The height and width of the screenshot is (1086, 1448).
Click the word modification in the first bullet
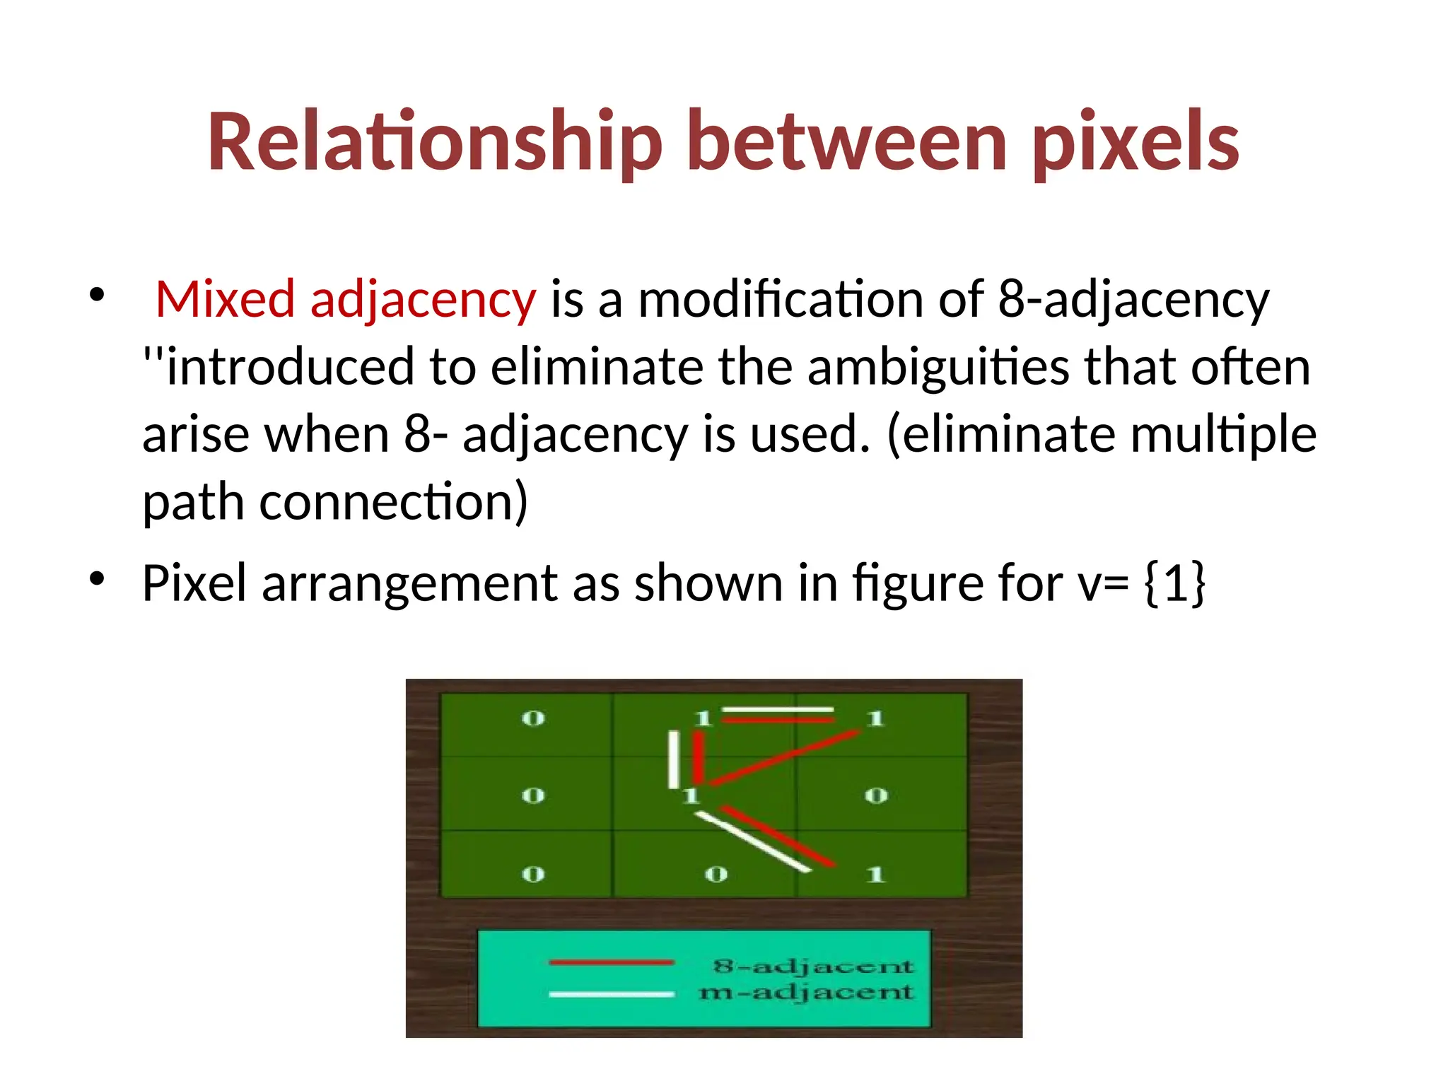point(781,299)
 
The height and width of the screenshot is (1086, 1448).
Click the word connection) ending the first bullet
point(393,501)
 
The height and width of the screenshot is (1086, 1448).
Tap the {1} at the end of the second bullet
point(1174,583)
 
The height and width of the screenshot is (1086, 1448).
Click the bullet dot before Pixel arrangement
point(97,579)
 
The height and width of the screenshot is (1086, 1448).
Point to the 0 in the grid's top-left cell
point(533,719)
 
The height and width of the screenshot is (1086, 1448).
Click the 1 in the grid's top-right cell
point(876,719)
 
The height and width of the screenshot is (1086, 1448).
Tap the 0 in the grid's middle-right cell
point(876,796)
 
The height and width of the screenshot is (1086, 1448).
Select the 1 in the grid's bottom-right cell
point(876,875)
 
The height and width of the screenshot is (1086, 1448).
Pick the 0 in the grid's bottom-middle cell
point(716,875)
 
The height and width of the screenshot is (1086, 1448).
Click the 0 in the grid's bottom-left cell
point(533,875)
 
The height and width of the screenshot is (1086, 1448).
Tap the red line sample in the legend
point(612,962)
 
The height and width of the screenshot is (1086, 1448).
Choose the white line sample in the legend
point(612,994)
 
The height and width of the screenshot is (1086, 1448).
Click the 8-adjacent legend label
point(813,966)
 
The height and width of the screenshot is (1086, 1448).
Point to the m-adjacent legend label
point(806,993)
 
